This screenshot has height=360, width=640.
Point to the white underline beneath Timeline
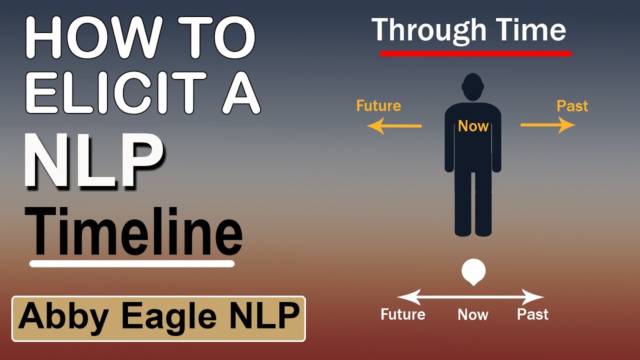132,263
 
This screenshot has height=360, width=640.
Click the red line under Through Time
475,53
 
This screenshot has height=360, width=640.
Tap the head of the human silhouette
472,87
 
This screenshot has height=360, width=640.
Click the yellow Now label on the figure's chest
473,126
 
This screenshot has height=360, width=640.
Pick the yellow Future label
378,106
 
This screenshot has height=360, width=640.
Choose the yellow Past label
572,106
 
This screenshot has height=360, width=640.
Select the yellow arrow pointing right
548,125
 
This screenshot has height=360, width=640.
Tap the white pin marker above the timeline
473,272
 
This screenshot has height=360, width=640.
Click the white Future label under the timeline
403,314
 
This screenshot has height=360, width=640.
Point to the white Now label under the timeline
473,314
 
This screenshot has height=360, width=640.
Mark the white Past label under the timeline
532,314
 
